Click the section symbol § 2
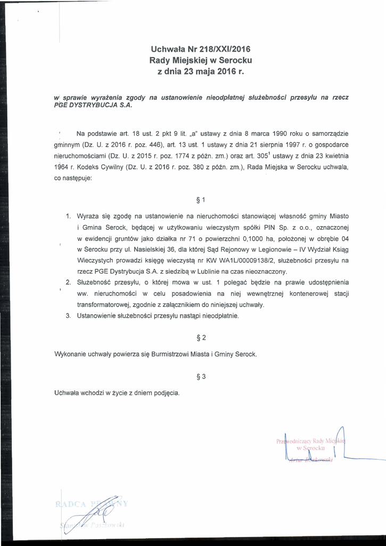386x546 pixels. pyautogui.click(x=201, y=338)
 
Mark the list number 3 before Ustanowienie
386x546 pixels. pyautogui.click(x=68, y=316)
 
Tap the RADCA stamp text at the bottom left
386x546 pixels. pyautogui.click(x=72, y=504)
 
